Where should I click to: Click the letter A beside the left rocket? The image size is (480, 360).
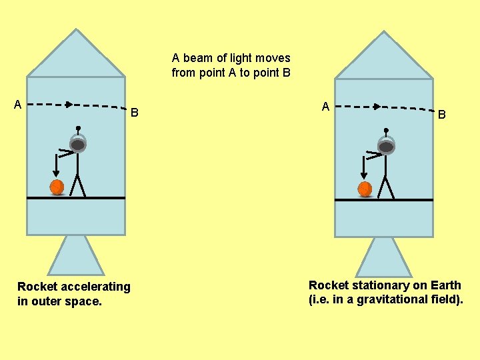click(19, 104)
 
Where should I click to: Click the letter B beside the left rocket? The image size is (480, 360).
click(134, 113)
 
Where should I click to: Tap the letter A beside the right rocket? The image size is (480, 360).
click(325, 107)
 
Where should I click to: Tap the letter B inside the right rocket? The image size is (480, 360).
click(441, 115)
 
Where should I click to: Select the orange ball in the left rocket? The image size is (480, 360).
click(57, 187)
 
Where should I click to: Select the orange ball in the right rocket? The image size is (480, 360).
click(365, 189)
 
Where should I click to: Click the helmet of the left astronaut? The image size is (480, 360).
click(78, 144)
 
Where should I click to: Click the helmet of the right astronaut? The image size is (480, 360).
click(386, 146)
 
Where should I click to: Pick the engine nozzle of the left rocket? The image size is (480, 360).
click(76, 256)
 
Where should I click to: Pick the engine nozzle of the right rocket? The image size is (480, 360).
click(384, 258)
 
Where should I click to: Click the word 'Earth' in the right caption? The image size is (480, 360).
click(446, 285)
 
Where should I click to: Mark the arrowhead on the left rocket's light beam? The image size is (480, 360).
click(69, 104)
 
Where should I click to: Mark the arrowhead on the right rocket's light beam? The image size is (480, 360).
click(377, 106)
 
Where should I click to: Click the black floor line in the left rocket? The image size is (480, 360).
click(76, 198)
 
